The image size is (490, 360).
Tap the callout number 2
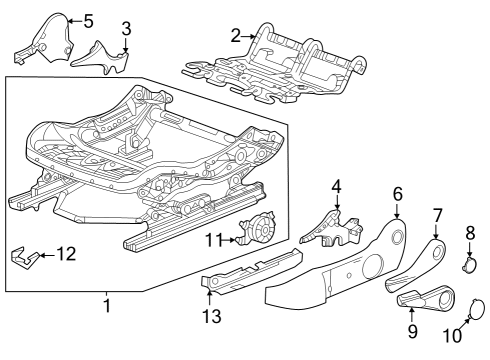(235, 36)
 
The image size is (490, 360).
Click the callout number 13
(209, 318)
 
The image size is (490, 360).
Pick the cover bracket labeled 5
(45, 38)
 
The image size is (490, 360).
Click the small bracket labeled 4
(332, 225)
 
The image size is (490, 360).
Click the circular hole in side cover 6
(394, 237)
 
